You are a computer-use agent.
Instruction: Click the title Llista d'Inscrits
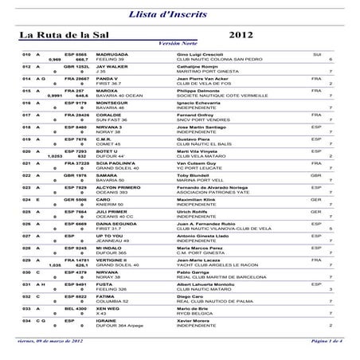point(179,14)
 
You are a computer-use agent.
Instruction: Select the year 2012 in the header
point(242,36)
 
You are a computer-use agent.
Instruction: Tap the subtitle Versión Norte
point(179,45)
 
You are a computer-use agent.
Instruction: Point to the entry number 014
point(26,79)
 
